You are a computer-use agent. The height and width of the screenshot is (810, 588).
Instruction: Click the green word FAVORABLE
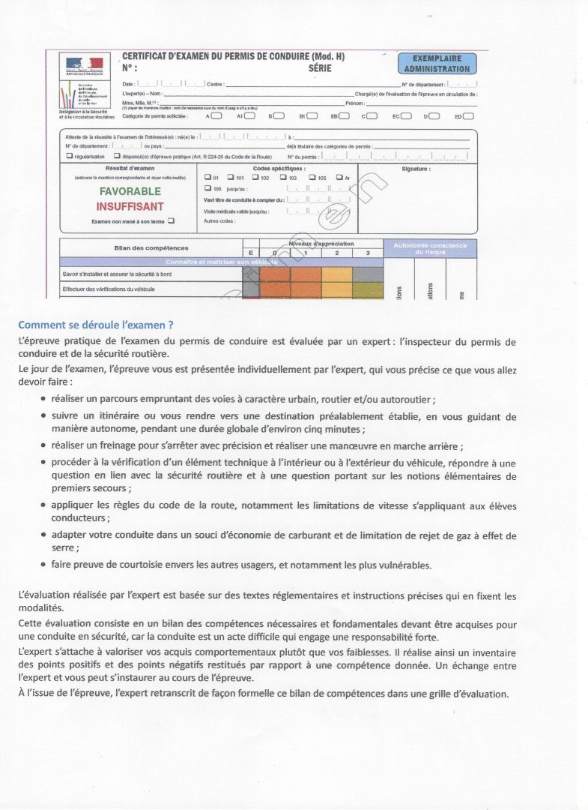pos(130,191)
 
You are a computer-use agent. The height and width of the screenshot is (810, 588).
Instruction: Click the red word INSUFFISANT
pos(130,206)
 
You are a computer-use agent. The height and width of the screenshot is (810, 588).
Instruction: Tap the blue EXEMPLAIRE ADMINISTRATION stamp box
pos(437,64)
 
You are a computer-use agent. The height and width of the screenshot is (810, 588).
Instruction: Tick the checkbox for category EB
pos(345,116)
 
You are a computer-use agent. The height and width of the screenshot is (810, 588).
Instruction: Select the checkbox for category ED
pos(468,116)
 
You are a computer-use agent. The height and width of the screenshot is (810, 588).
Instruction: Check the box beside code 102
pos(254,178)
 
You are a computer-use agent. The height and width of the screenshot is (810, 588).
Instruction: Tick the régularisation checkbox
pos(70,156)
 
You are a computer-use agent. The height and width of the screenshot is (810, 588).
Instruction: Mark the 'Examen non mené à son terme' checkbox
pos(172,220)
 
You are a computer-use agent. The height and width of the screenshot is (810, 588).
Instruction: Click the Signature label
pos(416,169)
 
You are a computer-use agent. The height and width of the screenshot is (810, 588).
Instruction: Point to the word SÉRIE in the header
pos(320,68)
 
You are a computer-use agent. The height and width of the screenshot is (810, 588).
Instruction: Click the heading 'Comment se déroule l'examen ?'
pos(96,325)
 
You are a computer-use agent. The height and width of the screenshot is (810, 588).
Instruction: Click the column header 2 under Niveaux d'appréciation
pos(337,253)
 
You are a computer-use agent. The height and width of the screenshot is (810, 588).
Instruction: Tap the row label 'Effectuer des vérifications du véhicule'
pos(109,289)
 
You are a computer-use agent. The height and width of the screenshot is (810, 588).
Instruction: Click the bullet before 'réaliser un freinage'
pos(43,445)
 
